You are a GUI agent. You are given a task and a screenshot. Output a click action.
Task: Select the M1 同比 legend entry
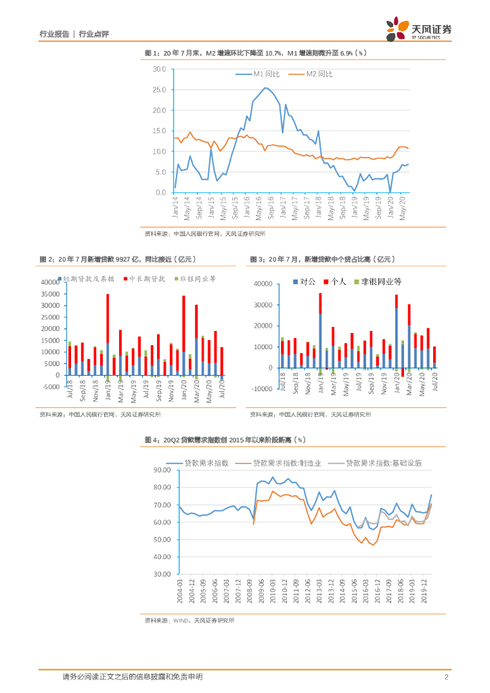260,74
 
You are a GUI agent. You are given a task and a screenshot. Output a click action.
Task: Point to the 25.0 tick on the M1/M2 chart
160,90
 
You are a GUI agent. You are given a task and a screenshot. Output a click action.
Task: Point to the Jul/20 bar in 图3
435,357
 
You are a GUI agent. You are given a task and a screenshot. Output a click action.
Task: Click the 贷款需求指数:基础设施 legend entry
379,463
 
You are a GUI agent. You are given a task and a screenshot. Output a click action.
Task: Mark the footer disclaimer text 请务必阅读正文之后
132,676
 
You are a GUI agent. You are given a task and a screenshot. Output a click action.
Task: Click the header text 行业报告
55,34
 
